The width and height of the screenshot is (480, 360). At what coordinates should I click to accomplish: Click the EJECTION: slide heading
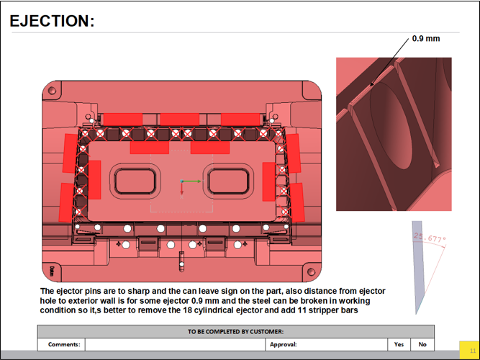click(52, 21)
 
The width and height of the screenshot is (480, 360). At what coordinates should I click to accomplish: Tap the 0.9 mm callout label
click(426, 39)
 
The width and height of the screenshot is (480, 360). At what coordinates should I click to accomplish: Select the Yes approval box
click(399, 344)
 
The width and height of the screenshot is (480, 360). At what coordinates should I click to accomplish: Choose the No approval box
click(422, 344)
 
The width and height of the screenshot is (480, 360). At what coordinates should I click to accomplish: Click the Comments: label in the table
click(64, 344)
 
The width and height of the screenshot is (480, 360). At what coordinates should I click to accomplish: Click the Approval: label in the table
click(283, 344)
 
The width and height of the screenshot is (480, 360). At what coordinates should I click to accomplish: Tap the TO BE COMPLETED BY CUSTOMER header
click(236, 331)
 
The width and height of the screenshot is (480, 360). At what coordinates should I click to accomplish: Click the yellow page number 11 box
click(469, 351)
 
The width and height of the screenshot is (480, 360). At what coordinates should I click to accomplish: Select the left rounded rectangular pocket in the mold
click(135, 181)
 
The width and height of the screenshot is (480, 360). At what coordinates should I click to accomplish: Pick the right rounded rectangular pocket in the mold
click(228, 181)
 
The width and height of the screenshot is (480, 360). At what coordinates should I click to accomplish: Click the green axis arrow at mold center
click(192, 181)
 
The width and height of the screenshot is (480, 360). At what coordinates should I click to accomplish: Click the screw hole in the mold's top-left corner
click(52, 91)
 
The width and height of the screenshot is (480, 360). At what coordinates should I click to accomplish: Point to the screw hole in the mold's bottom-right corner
click(311, 271)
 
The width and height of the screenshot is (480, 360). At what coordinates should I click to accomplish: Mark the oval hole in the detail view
click(391, 128)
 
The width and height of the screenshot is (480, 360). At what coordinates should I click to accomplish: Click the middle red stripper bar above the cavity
click(180, 120)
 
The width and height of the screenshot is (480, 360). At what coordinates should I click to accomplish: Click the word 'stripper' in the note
click(322, 310)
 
